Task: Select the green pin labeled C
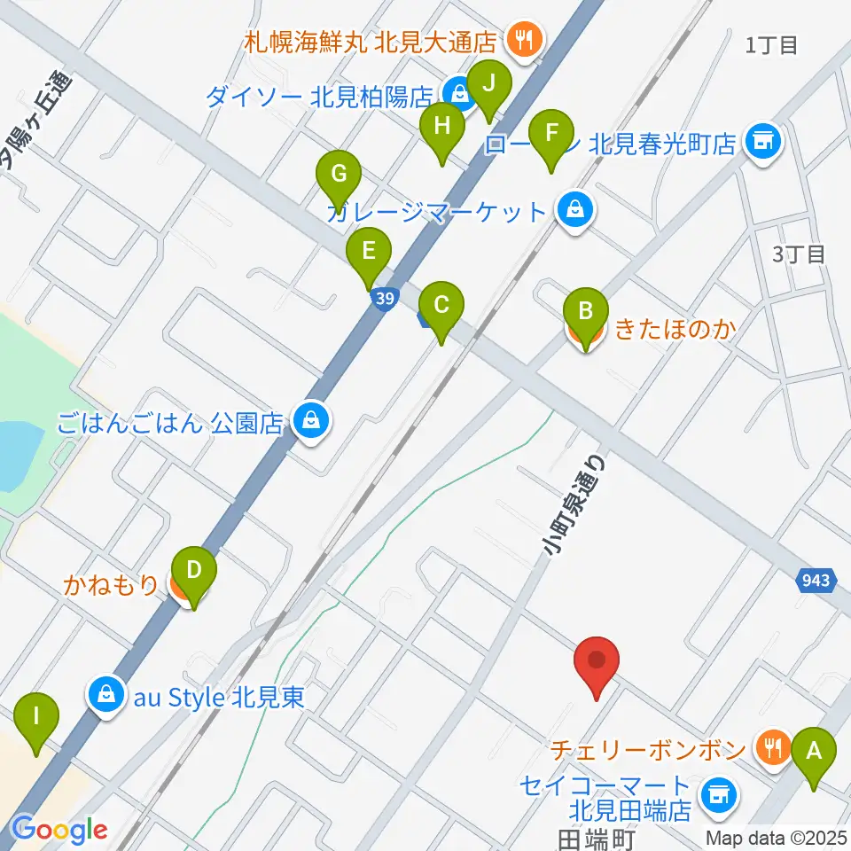[441, 306]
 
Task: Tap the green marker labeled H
[441, 129]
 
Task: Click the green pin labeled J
[488, 87]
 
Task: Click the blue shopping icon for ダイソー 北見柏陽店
[457, 91]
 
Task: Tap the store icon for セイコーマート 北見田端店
[717, 795]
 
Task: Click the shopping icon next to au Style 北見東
[105, 695]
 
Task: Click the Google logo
[59, 830]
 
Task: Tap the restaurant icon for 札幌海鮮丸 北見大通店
[524, 38]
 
